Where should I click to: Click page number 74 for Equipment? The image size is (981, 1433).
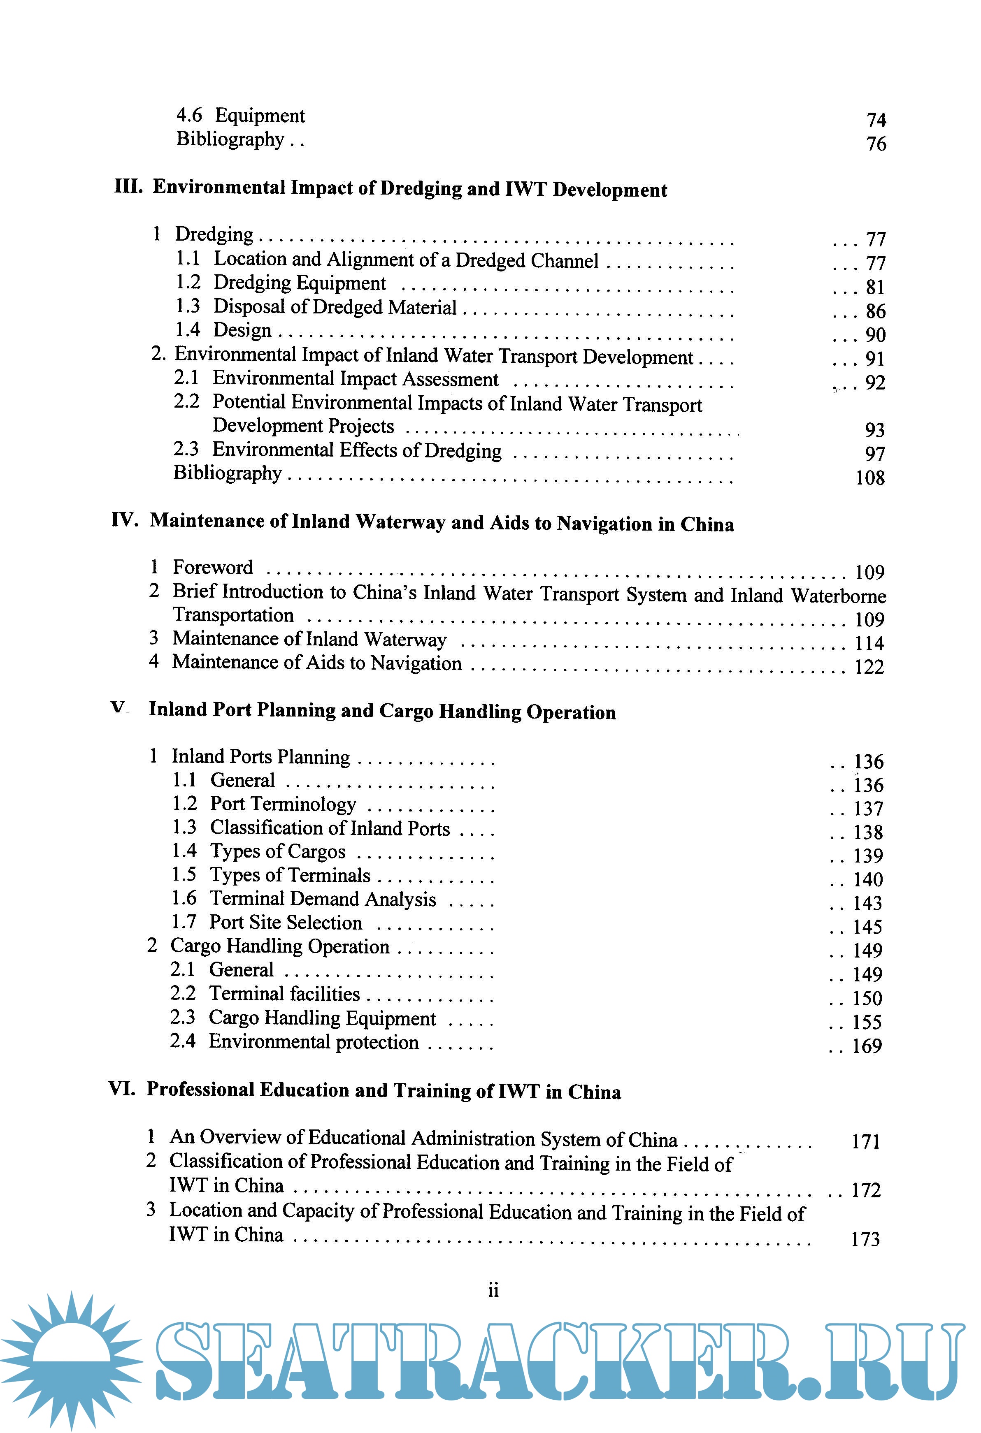click(x=876, y=120)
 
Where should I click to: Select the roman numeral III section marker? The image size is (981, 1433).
click(x=128, y=186)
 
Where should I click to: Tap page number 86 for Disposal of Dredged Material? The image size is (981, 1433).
click(x=876, y=311)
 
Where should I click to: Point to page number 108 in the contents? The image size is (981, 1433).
click(x=870, y=478)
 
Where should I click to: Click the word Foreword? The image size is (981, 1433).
click(x=213, y=567)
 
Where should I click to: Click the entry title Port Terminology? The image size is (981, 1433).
click(x=283, y=804)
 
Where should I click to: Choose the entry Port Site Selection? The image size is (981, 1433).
click(x=286, y=923)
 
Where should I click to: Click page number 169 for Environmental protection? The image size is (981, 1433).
click(x=867, y=1046)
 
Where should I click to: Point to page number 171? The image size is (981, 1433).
click(x=866, y=1142)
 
